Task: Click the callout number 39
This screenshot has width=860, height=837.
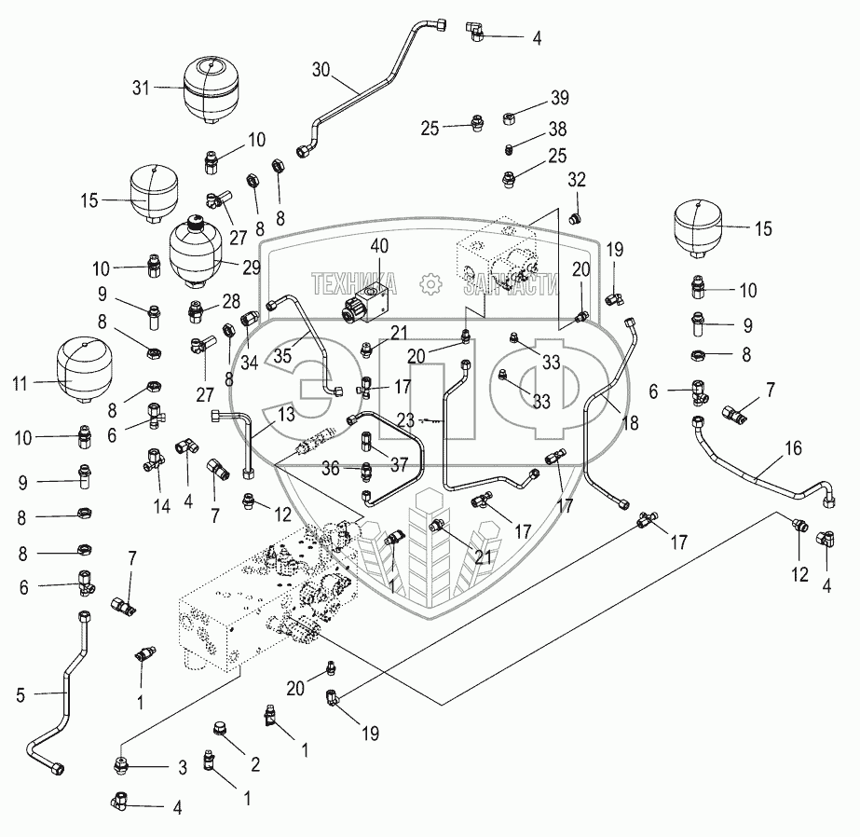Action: [560, 98]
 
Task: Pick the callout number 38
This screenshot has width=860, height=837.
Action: [557, 130]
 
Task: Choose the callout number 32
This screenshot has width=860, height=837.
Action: [577, 180]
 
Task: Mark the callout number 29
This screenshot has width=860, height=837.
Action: [251, 267]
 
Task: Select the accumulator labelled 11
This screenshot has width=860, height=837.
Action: [79, 370]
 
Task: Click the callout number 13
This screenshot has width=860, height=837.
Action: [286, 414]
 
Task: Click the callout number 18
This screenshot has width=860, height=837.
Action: [631, 423]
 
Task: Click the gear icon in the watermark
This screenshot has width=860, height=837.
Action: [430, 283]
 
